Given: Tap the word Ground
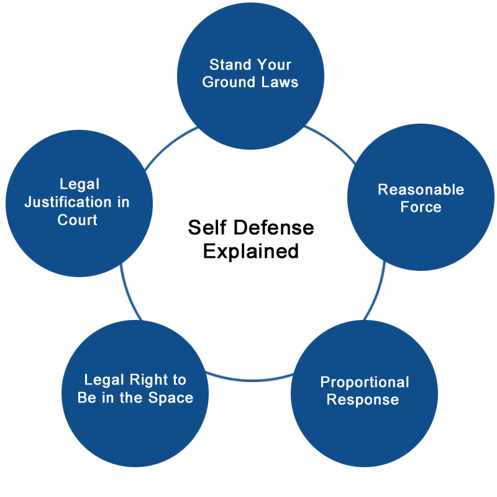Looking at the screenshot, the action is (x=229, y=82).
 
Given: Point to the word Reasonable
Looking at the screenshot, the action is (x=421, y=189).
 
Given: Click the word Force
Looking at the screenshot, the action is (x=421, y=207).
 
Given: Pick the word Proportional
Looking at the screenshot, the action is (x=365, y=383).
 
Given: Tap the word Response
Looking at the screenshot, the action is (x=363, y=400).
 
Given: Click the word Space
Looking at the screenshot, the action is (x=170, y=398).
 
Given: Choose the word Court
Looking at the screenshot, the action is (x=77, y=220).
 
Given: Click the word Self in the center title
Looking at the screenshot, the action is (x=207, y=227).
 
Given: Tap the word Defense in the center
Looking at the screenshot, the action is (x=274, y=227).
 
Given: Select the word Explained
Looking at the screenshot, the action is (x=251, y=252).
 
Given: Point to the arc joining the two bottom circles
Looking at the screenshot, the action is (x=250, y=380).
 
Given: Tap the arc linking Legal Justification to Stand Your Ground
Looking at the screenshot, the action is (x=170, y=145).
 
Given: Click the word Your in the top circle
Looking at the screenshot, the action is (x=274, y=65).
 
